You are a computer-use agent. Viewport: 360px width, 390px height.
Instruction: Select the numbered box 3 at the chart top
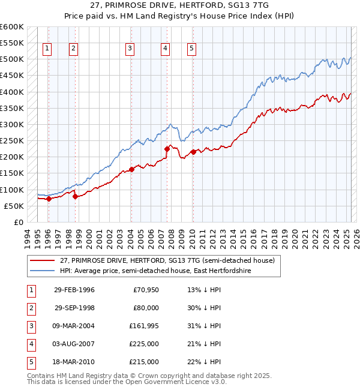point(130,49)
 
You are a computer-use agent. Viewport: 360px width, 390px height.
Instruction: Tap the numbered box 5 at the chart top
point(191,49)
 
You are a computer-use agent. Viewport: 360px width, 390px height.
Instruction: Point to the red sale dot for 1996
point(49,199)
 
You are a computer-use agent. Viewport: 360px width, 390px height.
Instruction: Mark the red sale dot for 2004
point(131,170)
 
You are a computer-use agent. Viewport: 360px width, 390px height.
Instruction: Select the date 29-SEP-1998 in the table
point(74,308)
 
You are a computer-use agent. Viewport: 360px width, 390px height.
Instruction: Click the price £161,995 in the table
point(143,326)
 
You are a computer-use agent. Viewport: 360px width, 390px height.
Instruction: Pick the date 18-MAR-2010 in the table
point(74,362)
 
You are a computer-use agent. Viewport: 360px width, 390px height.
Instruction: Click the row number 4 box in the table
point(31,344)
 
